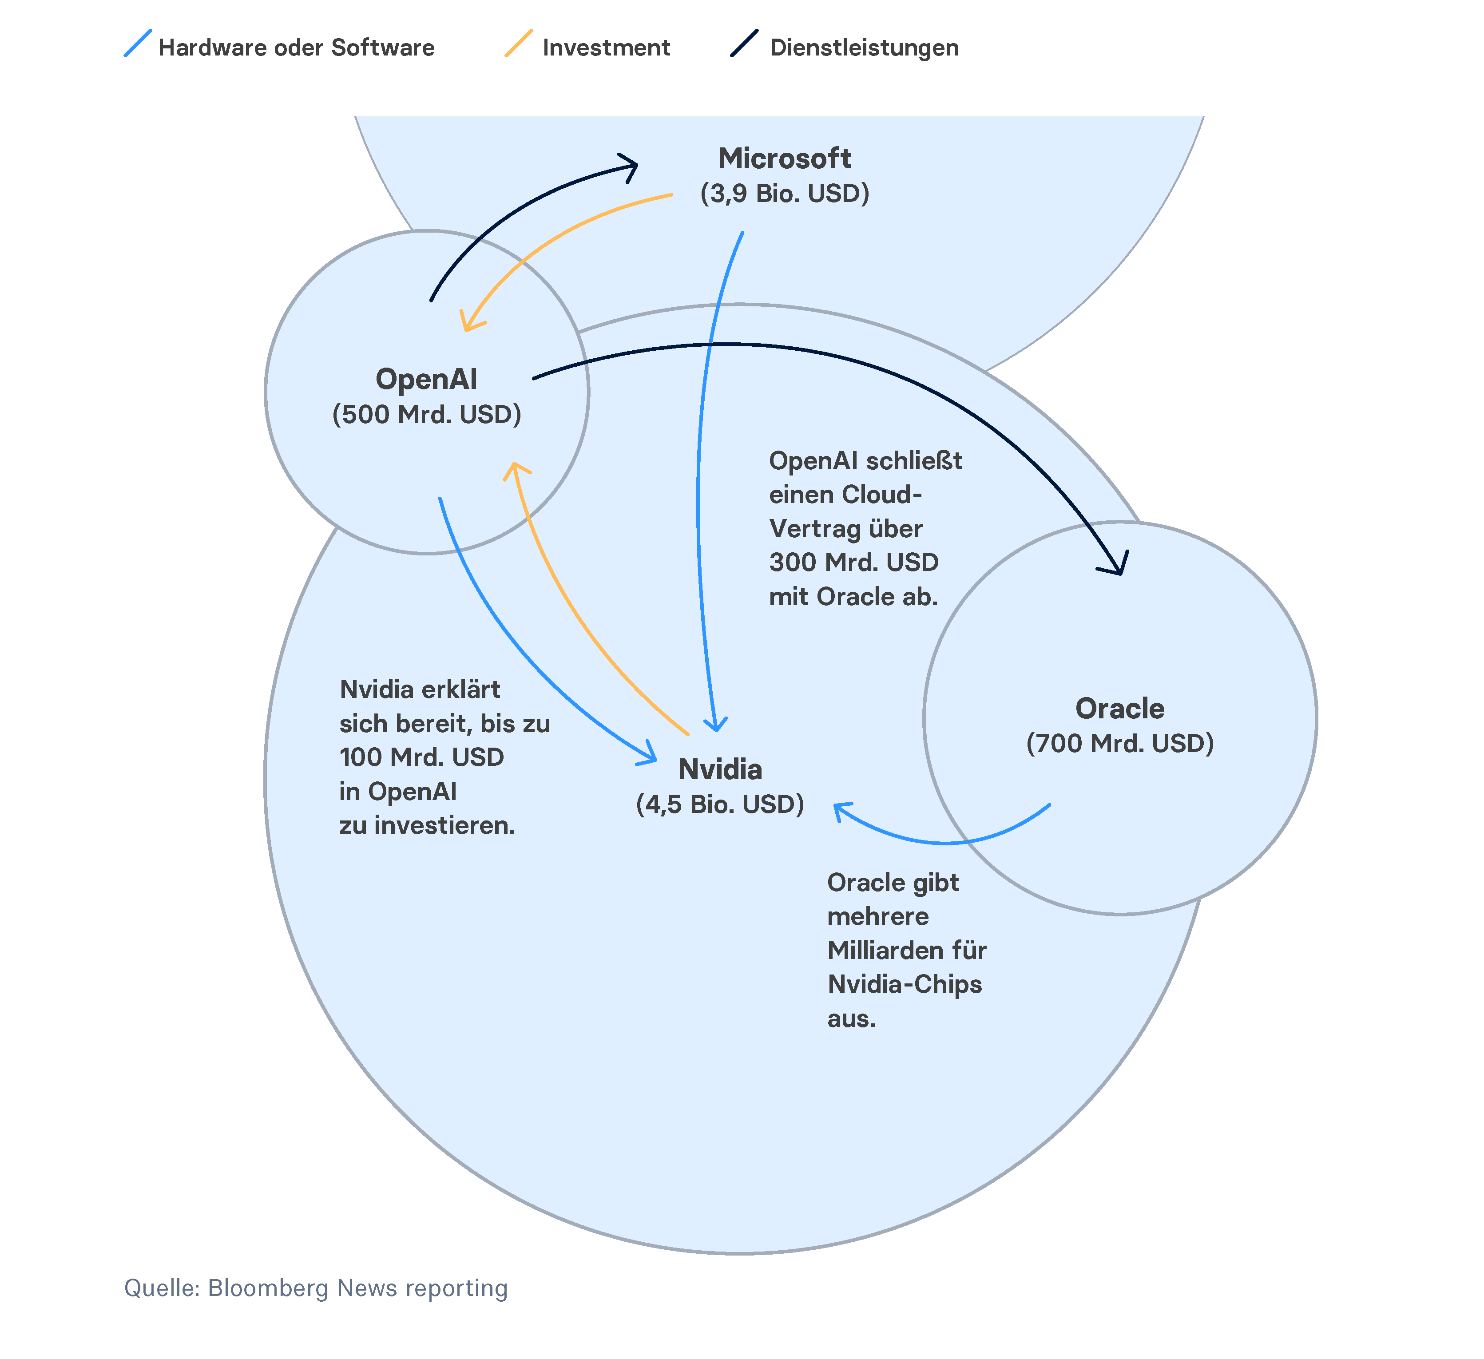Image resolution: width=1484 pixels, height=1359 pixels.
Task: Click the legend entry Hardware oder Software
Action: [x=296, y=48]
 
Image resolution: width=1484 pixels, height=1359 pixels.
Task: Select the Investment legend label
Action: [x=606, y=48]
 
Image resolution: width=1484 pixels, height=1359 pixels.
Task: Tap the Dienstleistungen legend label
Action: [x=864, y=48]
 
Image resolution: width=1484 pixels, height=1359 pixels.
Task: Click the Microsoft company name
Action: [x=785, y=158]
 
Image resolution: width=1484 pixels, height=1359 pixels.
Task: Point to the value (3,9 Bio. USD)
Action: [x=785, y=194]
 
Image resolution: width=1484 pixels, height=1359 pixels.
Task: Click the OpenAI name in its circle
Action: [x=426, y=379]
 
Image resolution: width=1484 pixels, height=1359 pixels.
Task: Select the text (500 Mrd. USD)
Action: [x=426, y=415]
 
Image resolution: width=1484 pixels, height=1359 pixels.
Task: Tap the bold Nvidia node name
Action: [x=720, y=769]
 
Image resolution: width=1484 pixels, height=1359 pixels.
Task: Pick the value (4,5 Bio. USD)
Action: [x=720, y=804]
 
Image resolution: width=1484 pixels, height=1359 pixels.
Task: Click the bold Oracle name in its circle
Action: [x=1119, y=708]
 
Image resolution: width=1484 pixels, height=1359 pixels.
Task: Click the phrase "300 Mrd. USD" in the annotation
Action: [x=854, y=563]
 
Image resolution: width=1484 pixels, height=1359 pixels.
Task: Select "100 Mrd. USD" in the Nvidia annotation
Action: [x=422, y=757]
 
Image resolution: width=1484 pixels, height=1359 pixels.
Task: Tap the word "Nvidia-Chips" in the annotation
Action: [x=905, y=984]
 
